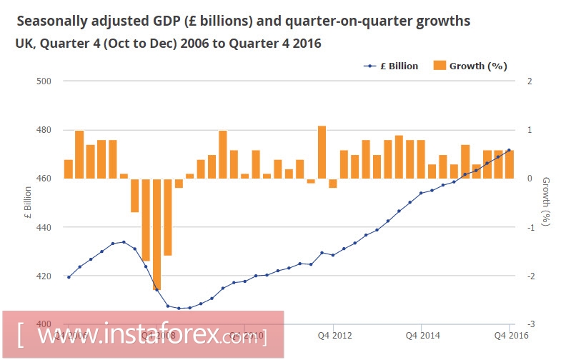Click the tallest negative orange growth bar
tap(157, 234)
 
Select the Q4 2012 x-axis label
tap(334, 334)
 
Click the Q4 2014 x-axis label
tap(422, 334)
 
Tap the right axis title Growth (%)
tap(545, 201)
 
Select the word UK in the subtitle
tap(24, 44)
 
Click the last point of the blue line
tap(509, 150)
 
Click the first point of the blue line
tap(69, 277)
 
